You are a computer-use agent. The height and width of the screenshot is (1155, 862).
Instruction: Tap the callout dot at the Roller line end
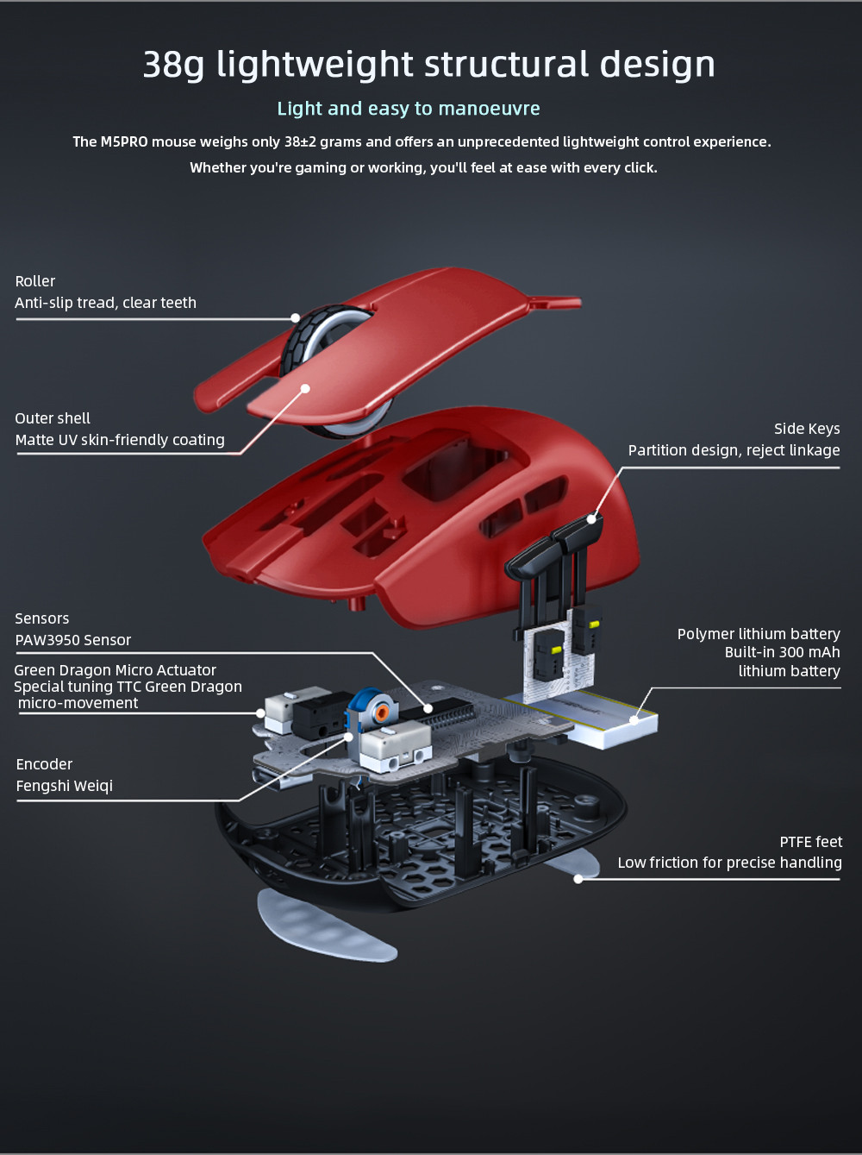click(296, 317)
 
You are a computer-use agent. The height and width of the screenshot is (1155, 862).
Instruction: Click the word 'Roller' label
click(34, 281)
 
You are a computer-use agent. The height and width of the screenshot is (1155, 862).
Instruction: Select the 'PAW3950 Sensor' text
click(73, 640)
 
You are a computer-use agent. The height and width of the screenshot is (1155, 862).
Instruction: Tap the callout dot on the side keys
click(591, 518)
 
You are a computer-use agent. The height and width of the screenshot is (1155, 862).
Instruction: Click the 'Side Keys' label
click(807, 429)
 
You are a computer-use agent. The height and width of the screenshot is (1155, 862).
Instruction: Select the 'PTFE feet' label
click(810, 842)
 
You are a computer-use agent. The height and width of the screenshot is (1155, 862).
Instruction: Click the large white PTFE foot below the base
click(326, 927)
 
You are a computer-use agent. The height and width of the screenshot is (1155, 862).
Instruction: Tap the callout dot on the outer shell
click(305, 388)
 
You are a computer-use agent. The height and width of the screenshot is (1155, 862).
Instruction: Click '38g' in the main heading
click(173, 64)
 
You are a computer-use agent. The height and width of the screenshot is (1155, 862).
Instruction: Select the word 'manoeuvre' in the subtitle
click(489, 109)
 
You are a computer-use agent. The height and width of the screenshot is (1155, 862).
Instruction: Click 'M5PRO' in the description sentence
click(124, 141)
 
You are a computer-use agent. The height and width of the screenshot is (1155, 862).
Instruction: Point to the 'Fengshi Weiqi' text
click(64, 786)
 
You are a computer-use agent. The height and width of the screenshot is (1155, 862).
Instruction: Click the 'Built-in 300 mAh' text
click(782, 652)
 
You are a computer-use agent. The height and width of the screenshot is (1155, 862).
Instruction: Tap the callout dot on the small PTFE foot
click(578, 879)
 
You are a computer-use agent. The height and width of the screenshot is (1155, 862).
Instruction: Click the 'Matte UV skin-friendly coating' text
click(120, 440)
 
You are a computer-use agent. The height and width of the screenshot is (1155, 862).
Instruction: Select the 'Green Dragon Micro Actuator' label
click(115, 670)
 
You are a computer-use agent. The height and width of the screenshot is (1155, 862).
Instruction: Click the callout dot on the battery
click(634, 719)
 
